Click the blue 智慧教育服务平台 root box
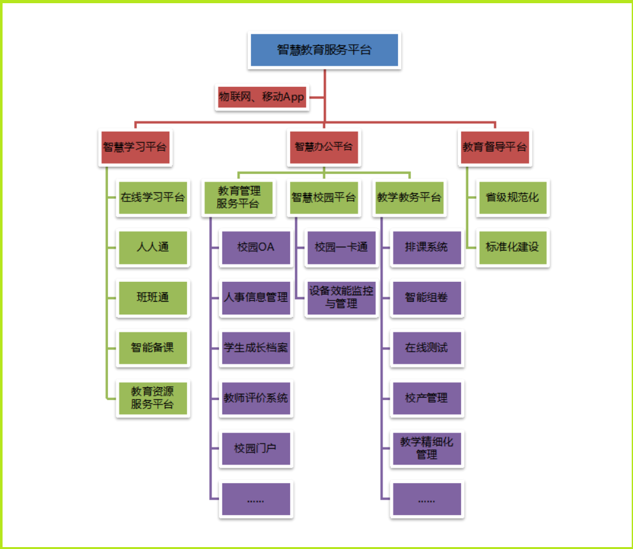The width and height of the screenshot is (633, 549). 324,50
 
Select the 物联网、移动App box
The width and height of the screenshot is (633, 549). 262,98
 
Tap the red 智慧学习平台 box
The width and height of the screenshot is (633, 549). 135,147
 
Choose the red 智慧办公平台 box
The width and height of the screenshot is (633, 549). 323,147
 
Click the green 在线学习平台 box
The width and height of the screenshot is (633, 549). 153,197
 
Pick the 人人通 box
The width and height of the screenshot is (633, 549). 153,247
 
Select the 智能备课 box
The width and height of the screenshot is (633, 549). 153,348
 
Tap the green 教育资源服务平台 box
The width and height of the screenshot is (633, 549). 153,398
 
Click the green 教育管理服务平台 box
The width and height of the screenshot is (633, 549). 238,197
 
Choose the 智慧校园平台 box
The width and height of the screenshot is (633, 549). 323,197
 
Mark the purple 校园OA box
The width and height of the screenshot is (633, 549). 255,247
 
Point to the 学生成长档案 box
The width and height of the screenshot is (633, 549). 255,348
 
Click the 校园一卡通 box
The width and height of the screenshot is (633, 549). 341,247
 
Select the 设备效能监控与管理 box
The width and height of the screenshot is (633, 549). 341,297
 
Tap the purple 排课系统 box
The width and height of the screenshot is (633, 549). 427,247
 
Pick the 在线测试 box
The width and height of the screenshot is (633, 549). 427,348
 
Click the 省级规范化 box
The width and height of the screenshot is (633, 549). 512,197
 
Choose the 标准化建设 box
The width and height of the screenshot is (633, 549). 512,247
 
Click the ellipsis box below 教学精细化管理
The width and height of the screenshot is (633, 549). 427,499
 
